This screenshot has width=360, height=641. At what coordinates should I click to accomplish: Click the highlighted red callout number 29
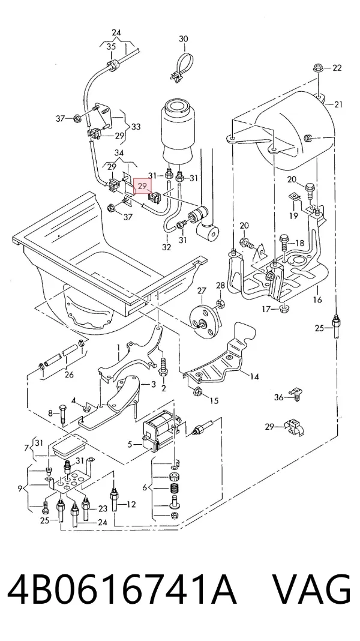(x=143, y=187)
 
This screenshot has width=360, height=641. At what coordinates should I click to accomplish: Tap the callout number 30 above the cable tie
(x=184, y=39)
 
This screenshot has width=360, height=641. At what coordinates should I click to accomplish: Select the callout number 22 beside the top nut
(x=337, y=68)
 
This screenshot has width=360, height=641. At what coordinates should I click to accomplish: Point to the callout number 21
(x=338, y=104)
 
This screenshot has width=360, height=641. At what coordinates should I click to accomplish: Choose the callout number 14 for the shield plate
(x=254, y=376)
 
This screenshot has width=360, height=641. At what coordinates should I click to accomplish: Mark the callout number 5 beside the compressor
(x=130, y=444)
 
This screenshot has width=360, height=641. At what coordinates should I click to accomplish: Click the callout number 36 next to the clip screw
(x=278, y=397)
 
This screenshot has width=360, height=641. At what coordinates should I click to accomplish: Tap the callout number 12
(x=131, y=505)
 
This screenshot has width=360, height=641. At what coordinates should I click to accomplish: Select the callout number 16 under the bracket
(x=317, y=299)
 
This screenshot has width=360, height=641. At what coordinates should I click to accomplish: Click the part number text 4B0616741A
(x=122, y=591)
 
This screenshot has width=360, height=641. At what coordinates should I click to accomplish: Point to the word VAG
(x=311, y=591)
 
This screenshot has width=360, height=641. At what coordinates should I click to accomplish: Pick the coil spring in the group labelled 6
(x=175, y=488)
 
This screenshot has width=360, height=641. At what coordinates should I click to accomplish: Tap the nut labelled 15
(x=196, y=392)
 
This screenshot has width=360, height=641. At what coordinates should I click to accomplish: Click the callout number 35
(x=111, y=47)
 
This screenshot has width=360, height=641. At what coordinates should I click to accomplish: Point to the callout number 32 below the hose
(x=166, y=247)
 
